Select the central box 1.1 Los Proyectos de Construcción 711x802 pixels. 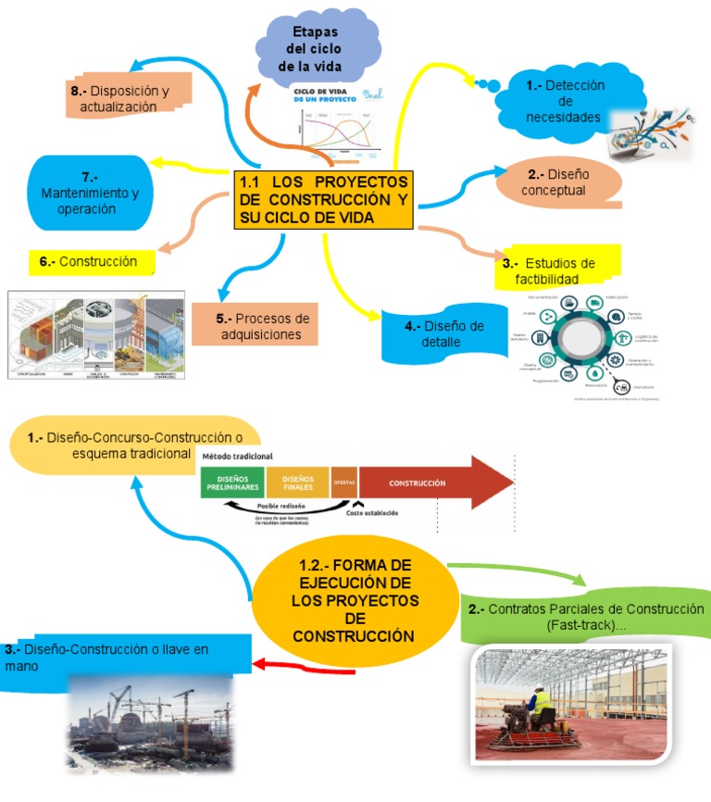[323, 199]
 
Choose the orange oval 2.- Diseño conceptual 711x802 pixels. [554, 182]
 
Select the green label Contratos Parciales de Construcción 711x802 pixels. [585, 617]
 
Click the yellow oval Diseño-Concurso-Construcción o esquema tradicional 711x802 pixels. [134, 445]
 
